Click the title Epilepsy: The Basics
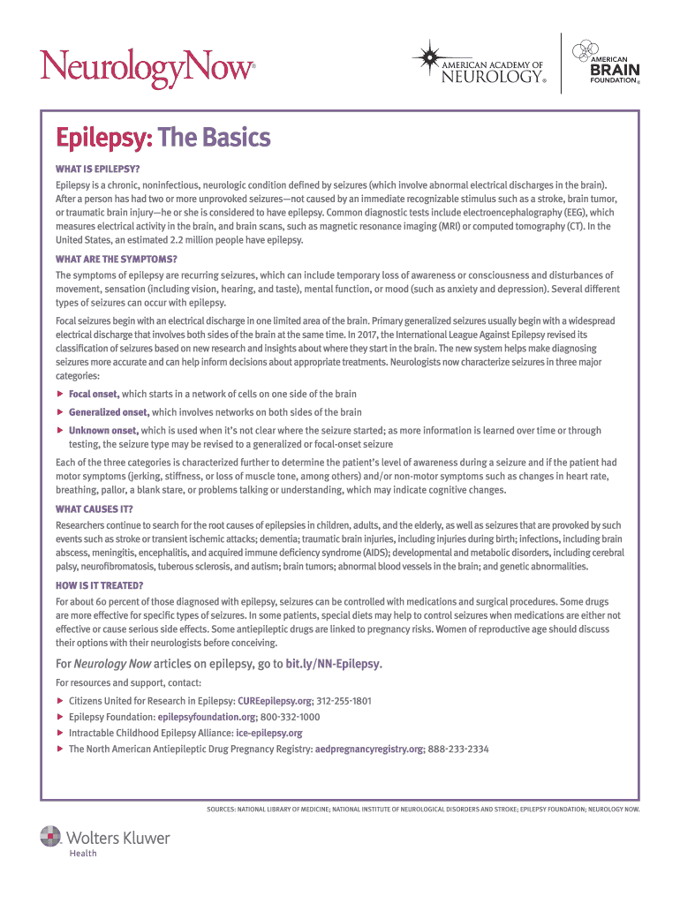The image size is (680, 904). (162, 139)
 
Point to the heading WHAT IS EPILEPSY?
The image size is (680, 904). (98, 169)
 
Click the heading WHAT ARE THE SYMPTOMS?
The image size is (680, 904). (116, 259)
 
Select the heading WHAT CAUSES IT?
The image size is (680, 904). (94, 508)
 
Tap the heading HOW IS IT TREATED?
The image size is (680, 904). (99, 584)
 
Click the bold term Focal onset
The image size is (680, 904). (94, 394)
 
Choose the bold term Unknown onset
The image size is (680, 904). (103, 431)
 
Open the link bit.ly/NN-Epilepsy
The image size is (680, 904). (333, 663)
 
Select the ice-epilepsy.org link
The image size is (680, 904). (269, 733)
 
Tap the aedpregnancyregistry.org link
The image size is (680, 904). (369, 749)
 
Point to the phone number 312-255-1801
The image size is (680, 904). (344, 701)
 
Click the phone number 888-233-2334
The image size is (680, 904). (458, 749)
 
